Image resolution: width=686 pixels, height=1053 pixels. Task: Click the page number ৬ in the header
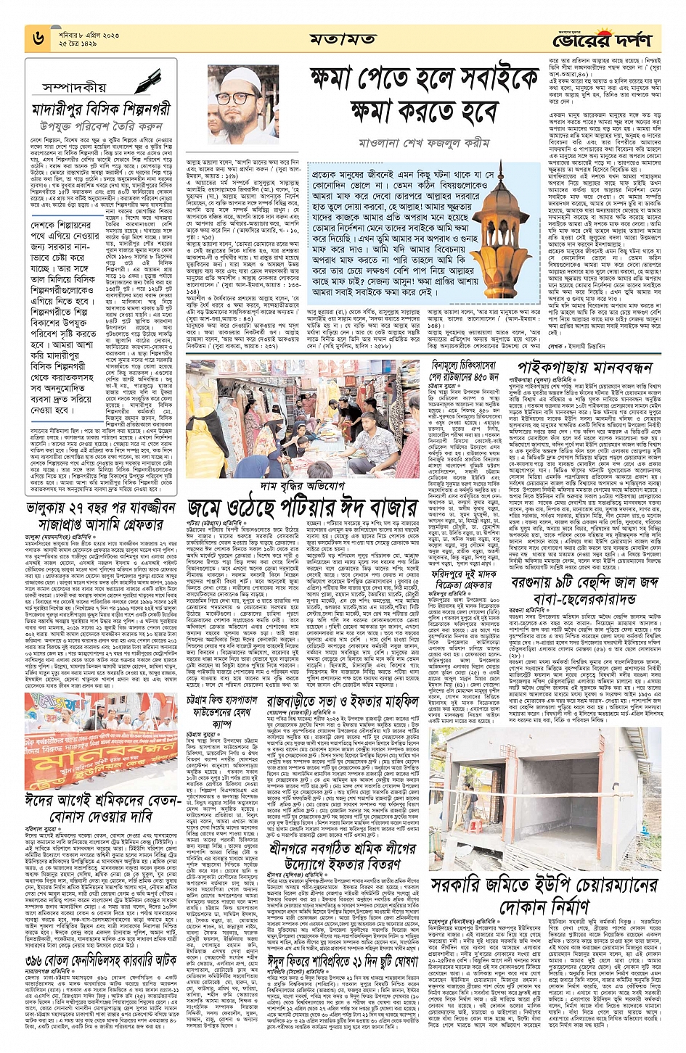click(x=38, y=38)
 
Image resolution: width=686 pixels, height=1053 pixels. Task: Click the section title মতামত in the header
click(x=342, y=38)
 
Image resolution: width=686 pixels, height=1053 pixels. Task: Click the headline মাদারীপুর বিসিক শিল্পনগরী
click(x=102, y=110)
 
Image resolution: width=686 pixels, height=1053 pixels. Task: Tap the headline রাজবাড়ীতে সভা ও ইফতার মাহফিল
click(x=342, y=702)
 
